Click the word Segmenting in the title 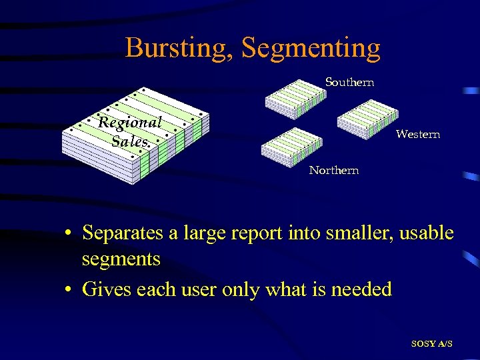tap(311, 48)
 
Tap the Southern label tap(349, 83)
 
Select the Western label tap(417, 135)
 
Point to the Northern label tap(333, 171)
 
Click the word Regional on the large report tap(129, 123)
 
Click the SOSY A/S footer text tap(431, 343)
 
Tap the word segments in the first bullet tap(121, 259)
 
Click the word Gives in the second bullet tap(105, 289)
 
